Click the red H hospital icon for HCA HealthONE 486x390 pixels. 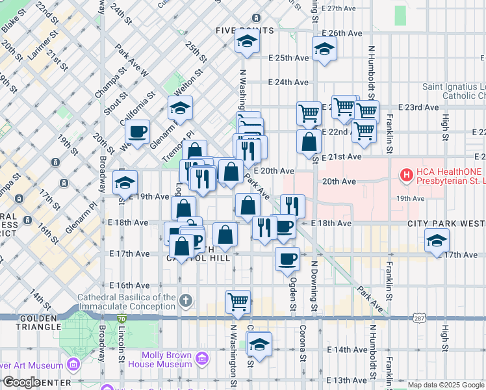click(x=407, y=174)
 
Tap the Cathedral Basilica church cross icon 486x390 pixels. click(x=186, y=300)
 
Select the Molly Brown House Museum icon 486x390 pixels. click(x=201, y=359)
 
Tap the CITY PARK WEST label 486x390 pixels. click(x=446, y=224)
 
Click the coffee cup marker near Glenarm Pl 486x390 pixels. click(x=137, y=131)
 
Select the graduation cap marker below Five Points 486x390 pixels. click(x=246, y=42)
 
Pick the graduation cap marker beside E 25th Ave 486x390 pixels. click(x=324, y=49)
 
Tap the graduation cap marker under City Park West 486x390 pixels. click(x=437, y=240)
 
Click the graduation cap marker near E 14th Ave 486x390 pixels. click(x=259, y=344)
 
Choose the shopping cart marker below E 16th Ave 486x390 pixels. click(x=238, y=301)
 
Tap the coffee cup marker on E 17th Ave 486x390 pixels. click(x=287, y=259)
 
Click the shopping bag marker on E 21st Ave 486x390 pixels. click(x=308, y=141)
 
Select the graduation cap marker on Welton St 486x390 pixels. click(x=180, y=107)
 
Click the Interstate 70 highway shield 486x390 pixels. click(x=122, y=318)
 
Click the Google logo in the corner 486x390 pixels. click(x=21, y=382)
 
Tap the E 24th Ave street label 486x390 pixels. click(x=288, y=83)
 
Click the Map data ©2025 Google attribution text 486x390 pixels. click(x=445, y=385)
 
